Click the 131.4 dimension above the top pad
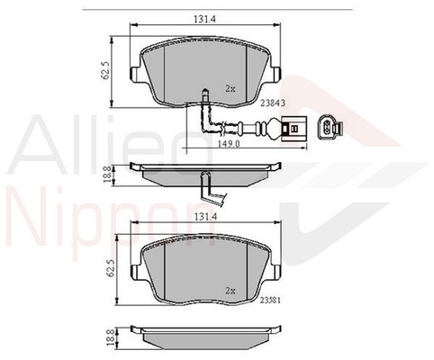coord(205,19)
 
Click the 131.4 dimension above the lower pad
coord(205,216)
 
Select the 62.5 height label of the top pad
coord(105,71)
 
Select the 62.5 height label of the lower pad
coord(111,268)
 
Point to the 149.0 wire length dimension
coord(230,144)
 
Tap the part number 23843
coord(273,103)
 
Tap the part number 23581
coord(270,301)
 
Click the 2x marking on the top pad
coord(231,89)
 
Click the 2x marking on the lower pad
coord(231,291)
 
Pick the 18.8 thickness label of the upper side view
coord(107,175)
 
